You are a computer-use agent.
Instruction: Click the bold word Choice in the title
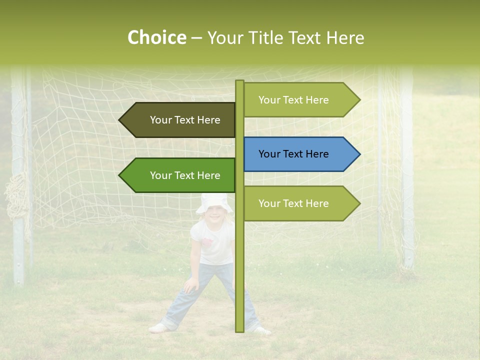point(156,38)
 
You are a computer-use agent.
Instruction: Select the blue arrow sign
point(300,154)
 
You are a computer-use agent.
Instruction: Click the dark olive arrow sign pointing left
point(177,120)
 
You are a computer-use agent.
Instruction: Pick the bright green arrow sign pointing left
point(177,175)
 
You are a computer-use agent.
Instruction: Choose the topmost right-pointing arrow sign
point(300,100)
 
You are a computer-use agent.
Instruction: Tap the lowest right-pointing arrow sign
point(300,203)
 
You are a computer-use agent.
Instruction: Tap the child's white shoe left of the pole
point(158,328)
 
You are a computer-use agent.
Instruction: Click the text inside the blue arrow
point(293,154)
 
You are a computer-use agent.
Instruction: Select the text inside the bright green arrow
point(185,175)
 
